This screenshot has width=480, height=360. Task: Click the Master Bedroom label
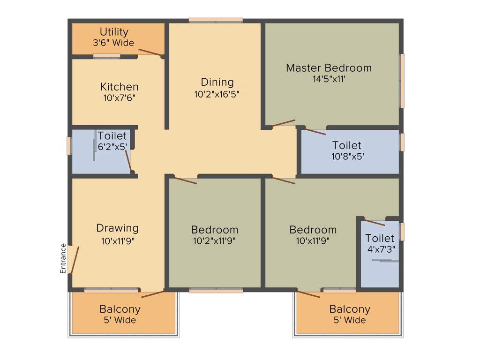tap(329, 67)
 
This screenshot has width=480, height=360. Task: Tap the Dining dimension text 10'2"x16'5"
tap(217, 94)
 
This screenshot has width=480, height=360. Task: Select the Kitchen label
tap(120, 87)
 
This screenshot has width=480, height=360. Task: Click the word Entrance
tap(63, 258)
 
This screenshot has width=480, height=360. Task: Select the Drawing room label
tap(117, 228)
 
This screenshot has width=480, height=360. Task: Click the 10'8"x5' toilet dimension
tap(347, 157)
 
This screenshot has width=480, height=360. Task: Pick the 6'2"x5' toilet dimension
tap(112, 147)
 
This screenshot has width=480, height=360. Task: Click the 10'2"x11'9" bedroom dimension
tap(214, 241)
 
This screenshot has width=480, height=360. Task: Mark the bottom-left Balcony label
tap(120, 309)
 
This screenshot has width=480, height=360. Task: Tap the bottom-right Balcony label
tap(350, 309)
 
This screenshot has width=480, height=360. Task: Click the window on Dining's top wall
tap(216, 20)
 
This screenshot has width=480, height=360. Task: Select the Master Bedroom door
tap(284, 123)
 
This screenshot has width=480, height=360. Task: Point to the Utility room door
tap(151, 52)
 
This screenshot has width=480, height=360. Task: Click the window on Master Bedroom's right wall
tap(402, 81)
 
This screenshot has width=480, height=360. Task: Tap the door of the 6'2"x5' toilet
tap(128, 160)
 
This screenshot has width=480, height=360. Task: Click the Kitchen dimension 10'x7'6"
tap(120, 98)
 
